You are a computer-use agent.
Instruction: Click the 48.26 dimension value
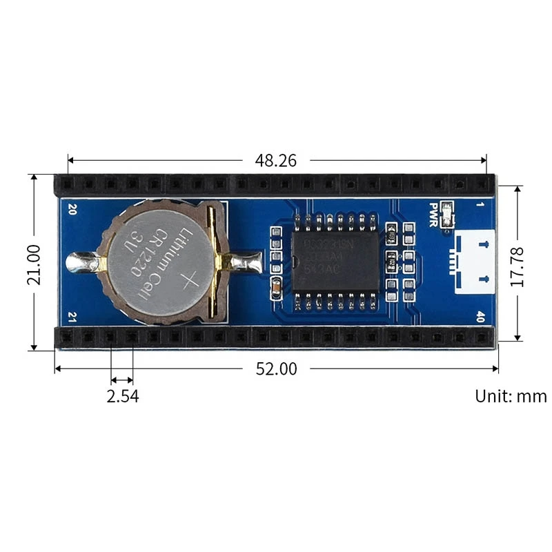click(x=275, y=161)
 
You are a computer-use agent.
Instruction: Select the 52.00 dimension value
click(x=276, y=369)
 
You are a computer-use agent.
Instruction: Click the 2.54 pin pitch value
click(x=122, y=397)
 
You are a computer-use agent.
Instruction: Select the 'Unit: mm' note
click(x=510, y=397)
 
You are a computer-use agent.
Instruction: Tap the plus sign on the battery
click(x=188, y=280)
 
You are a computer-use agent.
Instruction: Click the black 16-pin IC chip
click(x=335, y=261)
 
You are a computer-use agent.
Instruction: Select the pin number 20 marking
click(x=72, y=208)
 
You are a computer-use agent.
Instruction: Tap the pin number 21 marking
click(x=72, y=317)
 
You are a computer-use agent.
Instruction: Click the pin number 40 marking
click(x=480, y=317)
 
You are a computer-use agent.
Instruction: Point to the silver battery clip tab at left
click(x=81, y=262)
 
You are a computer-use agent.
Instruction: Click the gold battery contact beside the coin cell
click(x=223, y=263)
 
